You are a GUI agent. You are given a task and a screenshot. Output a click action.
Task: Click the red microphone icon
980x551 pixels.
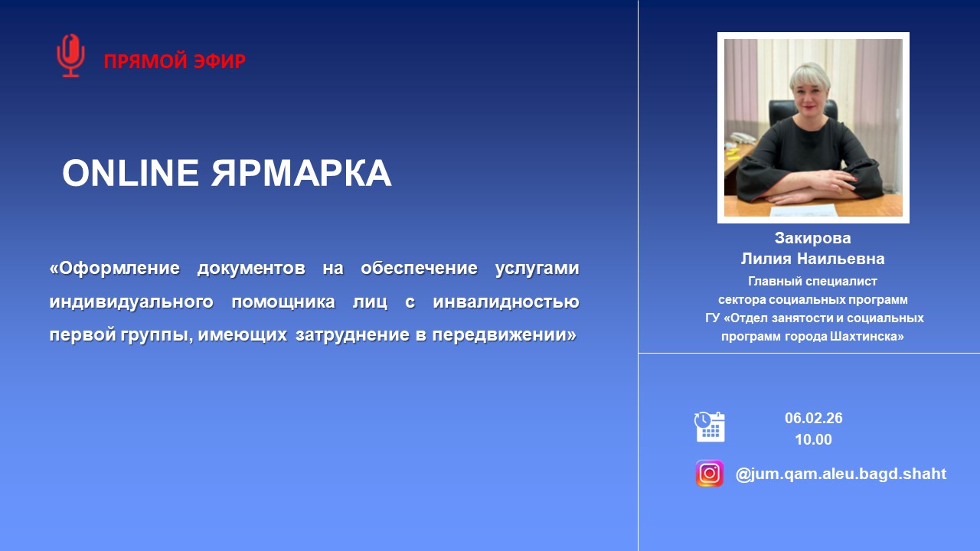point(70,56)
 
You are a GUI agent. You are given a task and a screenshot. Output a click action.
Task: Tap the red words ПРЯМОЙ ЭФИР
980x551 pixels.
point(175,61)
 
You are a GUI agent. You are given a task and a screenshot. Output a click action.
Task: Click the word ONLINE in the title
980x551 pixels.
point(129,174)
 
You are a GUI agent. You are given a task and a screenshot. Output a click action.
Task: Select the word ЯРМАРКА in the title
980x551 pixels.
point(301,174)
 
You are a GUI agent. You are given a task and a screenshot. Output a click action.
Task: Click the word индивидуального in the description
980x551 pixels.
point(131,302)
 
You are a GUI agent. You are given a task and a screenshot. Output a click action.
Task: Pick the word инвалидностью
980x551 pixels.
point(505,302)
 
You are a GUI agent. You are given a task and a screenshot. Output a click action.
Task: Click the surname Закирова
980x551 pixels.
point(812,238)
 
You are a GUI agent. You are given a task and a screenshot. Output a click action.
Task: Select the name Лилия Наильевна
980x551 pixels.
point(812,259)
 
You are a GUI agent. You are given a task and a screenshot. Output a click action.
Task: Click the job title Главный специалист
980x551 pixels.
point(812,281)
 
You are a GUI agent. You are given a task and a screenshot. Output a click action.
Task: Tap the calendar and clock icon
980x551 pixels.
point(710,426)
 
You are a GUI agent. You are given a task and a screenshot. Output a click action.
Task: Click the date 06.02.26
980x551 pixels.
point(813,418)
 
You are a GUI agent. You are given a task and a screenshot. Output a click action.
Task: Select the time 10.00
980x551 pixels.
point(813,439)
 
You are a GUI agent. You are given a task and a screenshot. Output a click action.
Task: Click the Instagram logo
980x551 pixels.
point(710,474)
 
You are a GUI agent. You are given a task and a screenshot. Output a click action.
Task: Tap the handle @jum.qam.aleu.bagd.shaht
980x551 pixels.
point(841,474)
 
